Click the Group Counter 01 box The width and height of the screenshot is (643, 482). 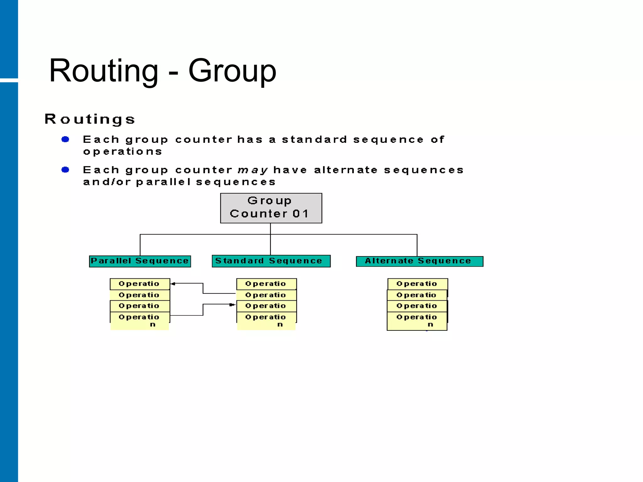pyautogui.click(x=271, y=208)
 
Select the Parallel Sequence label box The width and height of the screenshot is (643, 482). pyautogui.click(x=140, y=261)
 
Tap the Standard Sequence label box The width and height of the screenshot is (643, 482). pyautogui.click(x=271, y=261)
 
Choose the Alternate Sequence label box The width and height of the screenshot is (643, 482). pyautogui.click(x=419, y=261)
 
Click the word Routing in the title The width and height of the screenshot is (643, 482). pyautogui.click(x=104, y=71)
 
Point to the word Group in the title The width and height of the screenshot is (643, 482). pyautogui.click(x=232, y=71)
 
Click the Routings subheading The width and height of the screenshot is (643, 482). pyautogui.click(x=90, y=119)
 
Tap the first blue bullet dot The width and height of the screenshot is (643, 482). pyautogui.click(x=65, y=139)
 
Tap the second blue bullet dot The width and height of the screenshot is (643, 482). pyautogui.click(x=65, y=170)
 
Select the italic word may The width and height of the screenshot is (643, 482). pyautogui.click(x=253, y=170)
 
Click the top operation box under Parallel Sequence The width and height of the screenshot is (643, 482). pyautogui.click(x=140, y=284)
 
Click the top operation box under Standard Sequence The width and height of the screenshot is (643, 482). pyautogui.click(x=266, y=284)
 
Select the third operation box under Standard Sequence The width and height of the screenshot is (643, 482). pyautogui.click(x=266, y=306)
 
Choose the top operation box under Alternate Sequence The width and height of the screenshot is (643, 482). pyautogui.click(x=417, y=284)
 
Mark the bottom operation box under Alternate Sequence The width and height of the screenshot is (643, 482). pyautogui.click(x=417, y=321)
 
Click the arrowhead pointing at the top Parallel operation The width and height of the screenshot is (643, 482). pyautogui.click(x=173, y=284)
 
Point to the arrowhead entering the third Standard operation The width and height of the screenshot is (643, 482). pyautogui.click(x=232, y=304)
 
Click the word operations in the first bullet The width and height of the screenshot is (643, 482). pyautogui.click(x=122, y=152)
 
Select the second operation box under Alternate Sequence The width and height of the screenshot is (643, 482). pyautogui.click(x=417, y=295)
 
